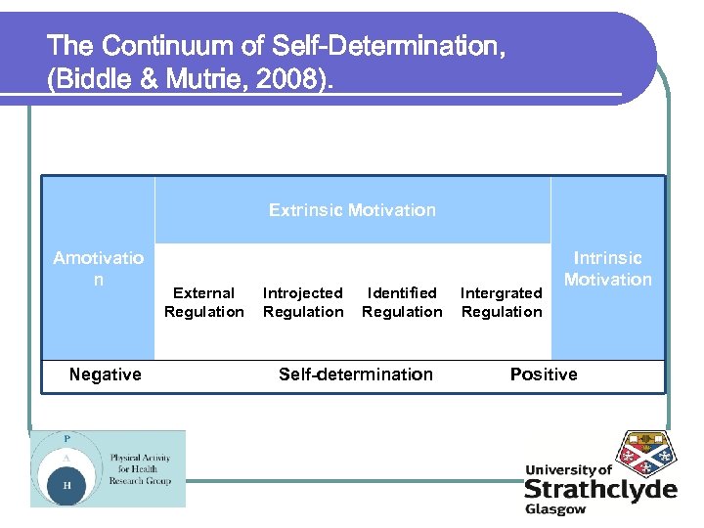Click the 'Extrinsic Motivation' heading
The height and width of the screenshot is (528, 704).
pyautogui.click(x=352, y=210)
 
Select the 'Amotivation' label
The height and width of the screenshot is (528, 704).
pyautogui.click(x=98, y=269)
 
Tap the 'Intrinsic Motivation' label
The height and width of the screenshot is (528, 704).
pyautogui.click(x=607, y=269)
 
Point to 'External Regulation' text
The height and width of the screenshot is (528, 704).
pyautogui.click(x=203, y=302)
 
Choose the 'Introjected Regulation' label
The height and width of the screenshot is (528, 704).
pyautogui.click(x=303, y=302)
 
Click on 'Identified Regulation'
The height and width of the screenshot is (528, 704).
pyautogui.click(x=402, y=302)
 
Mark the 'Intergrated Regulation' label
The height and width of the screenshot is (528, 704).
pyautogui.click(x=501, y=302)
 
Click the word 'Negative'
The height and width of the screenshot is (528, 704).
pyautogui.click(x=105, y=374)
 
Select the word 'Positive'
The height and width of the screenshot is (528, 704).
pyautogui.click(x=544, y=374)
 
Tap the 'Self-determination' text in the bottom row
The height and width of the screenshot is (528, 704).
pyautogui.click(x=355, y=374)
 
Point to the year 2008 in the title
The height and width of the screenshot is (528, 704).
pyautogui.click(x=293, y=79)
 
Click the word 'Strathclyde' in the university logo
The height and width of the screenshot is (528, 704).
pyautogui.click(x=599, y=489)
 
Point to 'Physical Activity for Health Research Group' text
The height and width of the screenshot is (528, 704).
pyautogui.click(x=140, y=468)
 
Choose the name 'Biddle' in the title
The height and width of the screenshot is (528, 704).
pyautogui.click(x=91, y=79)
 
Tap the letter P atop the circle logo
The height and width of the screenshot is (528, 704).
pyautogui.click(x=67, y=438)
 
